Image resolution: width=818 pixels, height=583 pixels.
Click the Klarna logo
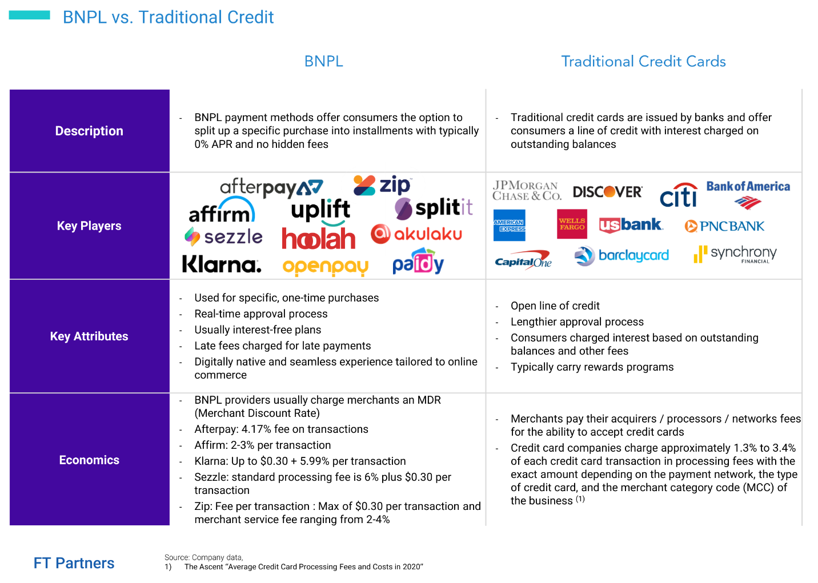[222, 264]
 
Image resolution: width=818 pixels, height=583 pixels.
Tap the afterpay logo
[271, 187]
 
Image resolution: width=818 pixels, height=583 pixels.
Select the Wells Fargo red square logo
[572, 224]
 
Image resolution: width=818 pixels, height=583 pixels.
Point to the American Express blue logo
[509, 225]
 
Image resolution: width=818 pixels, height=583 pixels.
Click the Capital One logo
[523, 260]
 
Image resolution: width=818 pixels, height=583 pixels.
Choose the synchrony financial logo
[735, 254]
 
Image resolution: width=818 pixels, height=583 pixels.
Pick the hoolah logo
[318, 238]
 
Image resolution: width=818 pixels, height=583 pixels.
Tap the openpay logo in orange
[326, 267]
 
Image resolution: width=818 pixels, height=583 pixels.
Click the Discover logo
[607, 191]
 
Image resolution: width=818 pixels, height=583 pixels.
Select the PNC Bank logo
[724, 226]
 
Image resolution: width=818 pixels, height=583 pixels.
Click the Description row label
[89, 131]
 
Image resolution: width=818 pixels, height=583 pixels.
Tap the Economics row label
[89, 460]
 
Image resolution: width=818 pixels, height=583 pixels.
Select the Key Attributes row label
[89, 336]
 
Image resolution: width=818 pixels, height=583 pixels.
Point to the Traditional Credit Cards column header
[643, 61]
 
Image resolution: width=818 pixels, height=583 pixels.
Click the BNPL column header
[323, 61]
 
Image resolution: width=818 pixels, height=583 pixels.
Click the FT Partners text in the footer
[74, 563]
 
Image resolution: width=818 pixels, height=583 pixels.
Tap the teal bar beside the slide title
[29, 15]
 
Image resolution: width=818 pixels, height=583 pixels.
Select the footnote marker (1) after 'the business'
[580, 498]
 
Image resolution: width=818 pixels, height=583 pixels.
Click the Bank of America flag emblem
[748, 203]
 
